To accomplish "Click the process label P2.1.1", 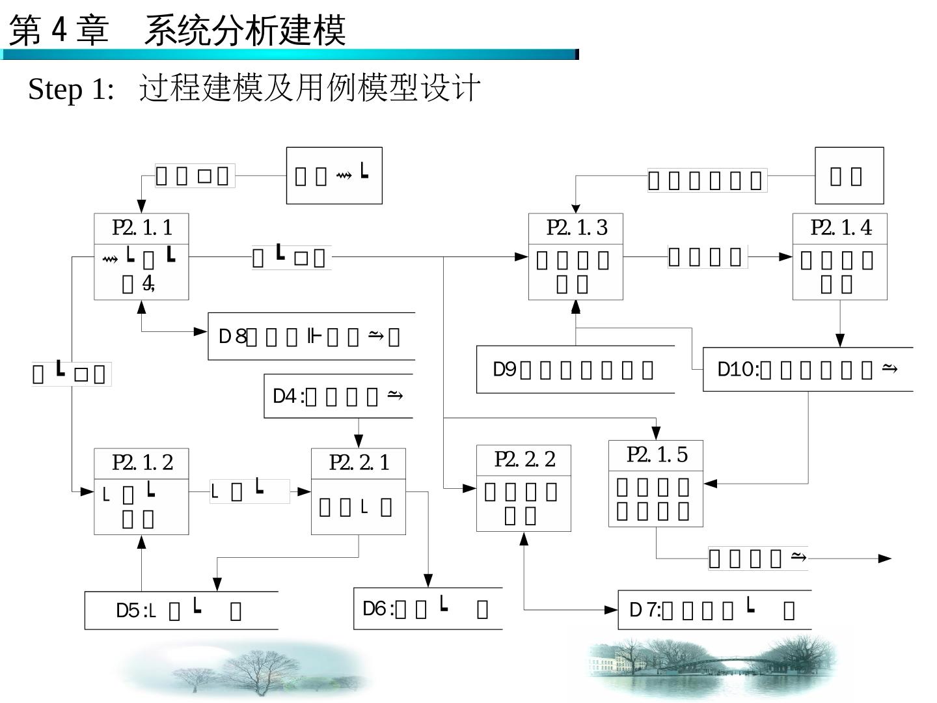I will (x=142, y=228).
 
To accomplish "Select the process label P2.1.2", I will (x=142, y=463).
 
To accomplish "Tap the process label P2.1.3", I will (x=577, y=228).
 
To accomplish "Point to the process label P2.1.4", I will (x=841, y=228).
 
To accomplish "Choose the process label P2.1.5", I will (x=657, y=455).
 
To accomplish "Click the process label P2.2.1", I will (x=359, y=463).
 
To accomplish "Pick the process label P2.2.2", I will (x=524, y=460).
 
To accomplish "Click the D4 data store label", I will (x=287, y=396).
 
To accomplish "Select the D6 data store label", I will (x=377, y=609).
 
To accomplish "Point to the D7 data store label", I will (x=644, y=610).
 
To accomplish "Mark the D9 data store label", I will (x=505, y=370).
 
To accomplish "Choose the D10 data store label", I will (x=737, y=370).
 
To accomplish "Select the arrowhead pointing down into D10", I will (x=840, y=340).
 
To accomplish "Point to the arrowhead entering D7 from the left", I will (x=611, y=610).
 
